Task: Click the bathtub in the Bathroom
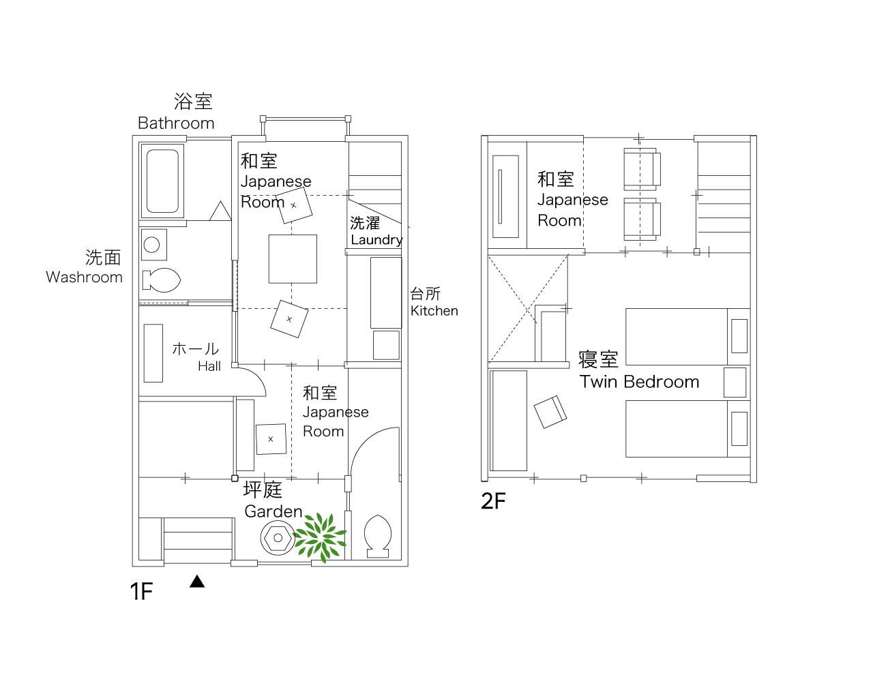[x=162, y=181]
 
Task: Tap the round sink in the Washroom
[x=152, y=245]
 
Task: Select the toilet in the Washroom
[x=162, y=280]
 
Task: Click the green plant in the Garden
[x=320, y=537]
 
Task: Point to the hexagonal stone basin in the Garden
[x=278, y=538]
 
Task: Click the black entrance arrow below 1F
[x=197, y=581]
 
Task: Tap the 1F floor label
[x=141, y=592]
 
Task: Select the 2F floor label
[x=493, y=500]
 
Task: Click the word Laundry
[x=376, y=240]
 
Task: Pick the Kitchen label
[x=434, y=310]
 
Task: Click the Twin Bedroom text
[x=639, y=381]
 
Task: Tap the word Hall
[x=209, y=366]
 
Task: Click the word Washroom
[x=84, y=277]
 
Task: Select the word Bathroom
[x=176, y=123]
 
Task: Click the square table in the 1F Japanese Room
[x=293, y=259]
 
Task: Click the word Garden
[x=273, y=511]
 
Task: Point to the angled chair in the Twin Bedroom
[x=550, y=412]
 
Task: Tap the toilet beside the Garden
[x=378, y=536]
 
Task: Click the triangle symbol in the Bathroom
[x=220, y=211]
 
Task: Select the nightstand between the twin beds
[x=735, y=382]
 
